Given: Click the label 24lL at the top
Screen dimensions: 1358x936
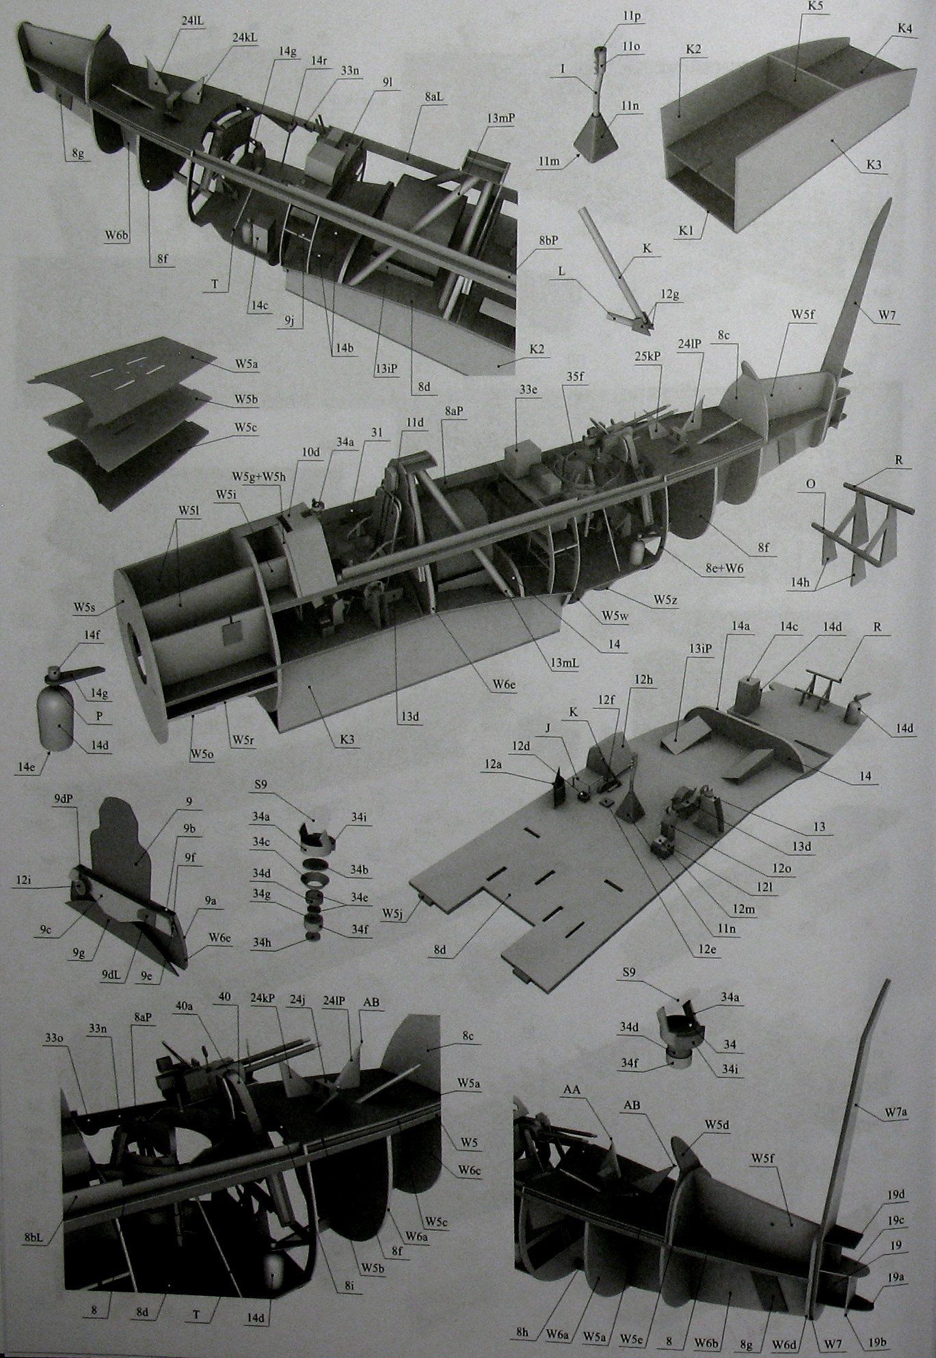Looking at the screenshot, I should point(193,21).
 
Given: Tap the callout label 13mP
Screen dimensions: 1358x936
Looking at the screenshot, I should point(501,118).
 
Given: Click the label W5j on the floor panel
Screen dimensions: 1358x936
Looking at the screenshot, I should point(392,912).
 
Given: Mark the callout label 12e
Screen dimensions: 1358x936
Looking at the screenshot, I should point(706,950).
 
